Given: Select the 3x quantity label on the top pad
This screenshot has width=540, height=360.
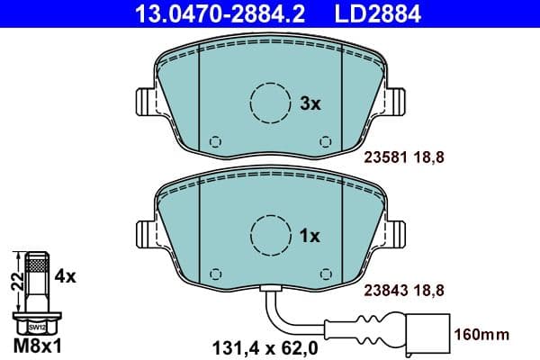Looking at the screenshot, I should tap(310, 104).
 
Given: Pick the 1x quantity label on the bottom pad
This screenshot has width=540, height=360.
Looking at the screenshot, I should tap(310, 236).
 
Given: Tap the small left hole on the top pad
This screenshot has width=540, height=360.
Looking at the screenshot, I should tap(214, 141).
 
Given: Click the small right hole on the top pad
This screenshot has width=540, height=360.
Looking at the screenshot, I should tap(325, 141).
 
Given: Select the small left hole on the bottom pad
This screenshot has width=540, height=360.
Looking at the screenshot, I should tap(214, 273).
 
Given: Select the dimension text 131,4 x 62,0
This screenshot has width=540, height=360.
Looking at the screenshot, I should tap(256, 343).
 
